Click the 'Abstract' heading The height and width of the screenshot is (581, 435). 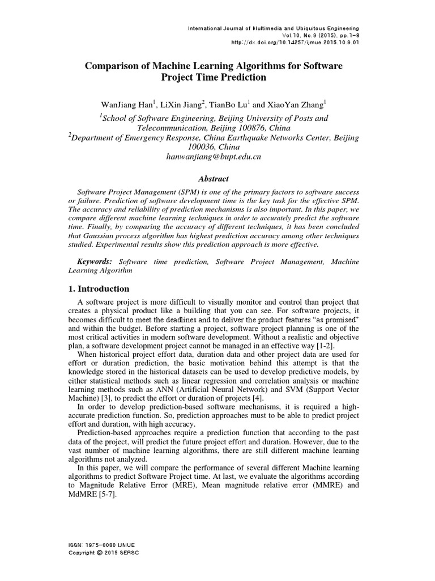click(x=217, y=178)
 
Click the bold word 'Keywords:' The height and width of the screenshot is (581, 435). click(x=95, y=261)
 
